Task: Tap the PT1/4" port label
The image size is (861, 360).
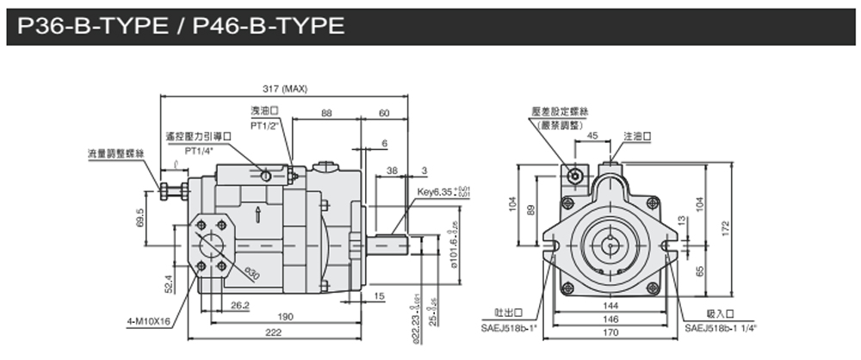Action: tap(199, 150)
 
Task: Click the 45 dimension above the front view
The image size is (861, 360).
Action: tap(592, 135)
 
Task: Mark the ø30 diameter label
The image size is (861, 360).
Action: tap(251, 274)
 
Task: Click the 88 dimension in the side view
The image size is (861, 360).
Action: tap(326, 113)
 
